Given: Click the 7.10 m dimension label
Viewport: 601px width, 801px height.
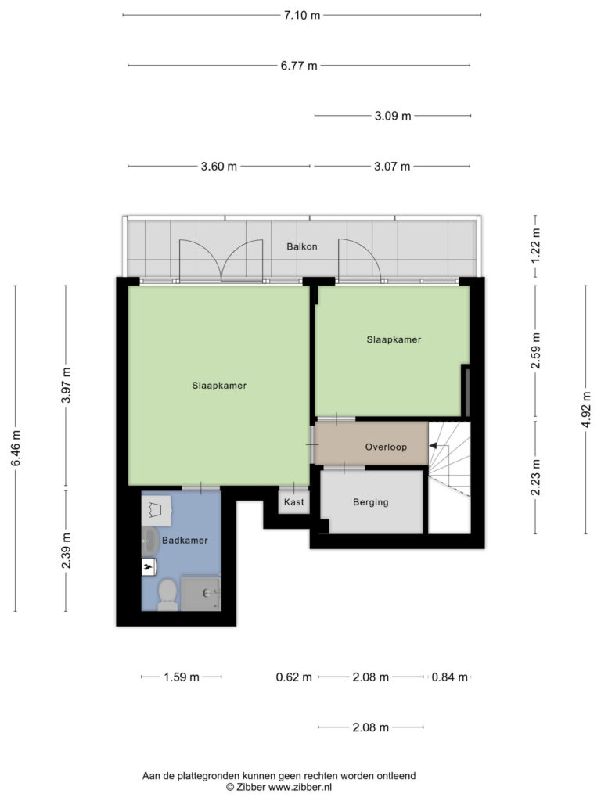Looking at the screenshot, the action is coord(302,16).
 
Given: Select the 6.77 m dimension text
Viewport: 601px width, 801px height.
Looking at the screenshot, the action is coord(299,66).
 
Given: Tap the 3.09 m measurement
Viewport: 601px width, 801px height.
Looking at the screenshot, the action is coord(393,116).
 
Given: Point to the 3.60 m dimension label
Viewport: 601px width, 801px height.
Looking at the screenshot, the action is coord(219,167).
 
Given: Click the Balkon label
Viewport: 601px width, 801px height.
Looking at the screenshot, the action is coord(302,246).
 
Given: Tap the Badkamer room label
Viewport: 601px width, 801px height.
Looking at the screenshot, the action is coord(185,541).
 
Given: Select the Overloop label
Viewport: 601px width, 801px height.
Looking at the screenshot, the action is coord(386,447).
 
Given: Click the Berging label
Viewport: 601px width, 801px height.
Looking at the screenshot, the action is coord(370,502).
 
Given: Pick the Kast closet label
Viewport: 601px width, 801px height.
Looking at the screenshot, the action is coord(294,502).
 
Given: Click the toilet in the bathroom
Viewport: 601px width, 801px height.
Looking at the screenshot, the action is coord(167,594).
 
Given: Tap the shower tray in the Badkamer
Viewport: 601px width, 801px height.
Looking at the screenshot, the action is coord(201,593).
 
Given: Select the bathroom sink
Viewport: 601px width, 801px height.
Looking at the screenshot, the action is coord(149,541).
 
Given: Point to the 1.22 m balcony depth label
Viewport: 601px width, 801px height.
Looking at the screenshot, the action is coord(535,246).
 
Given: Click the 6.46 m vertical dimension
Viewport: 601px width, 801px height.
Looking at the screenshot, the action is coord(16,447).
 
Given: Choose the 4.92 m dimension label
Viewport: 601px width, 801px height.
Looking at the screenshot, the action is coord(586,410).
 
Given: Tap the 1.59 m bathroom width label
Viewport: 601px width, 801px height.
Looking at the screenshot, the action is coord(182,677).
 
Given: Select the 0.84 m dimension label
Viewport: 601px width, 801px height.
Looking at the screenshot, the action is coord(450,677).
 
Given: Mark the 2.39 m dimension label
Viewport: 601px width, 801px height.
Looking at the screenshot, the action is coord(66,551).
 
